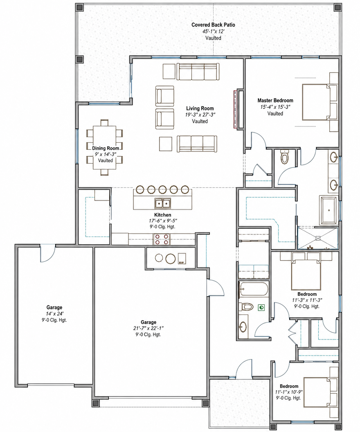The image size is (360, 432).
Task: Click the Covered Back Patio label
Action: click(213, 25)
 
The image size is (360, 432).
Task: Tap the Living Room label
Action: click(200, 108)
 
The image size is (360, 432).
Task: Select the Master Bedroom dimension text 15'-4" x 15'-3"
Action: click(275, 107)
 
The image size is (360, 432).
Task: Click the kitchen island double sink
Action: click(162, 203)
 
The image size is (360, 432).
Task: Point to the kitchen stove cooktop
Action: click(162, 239)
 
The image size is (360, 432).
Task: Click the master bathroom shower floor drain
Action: click(318, 239)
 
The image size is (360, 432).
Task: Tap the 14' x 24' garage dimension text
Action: click(54, 314)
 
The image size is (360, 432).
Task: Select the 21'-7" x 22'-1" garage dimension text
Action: click(148, 328)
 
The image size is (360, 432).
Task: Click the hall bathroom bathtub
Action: click(253, 289)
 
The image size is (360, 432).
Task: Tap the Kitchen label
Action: click(162, 215)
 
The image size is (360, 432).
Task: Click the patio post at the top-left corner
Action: click(79, 7)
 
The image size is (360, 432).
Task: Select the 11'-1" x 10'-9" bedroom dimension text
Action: click(289, 392)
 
